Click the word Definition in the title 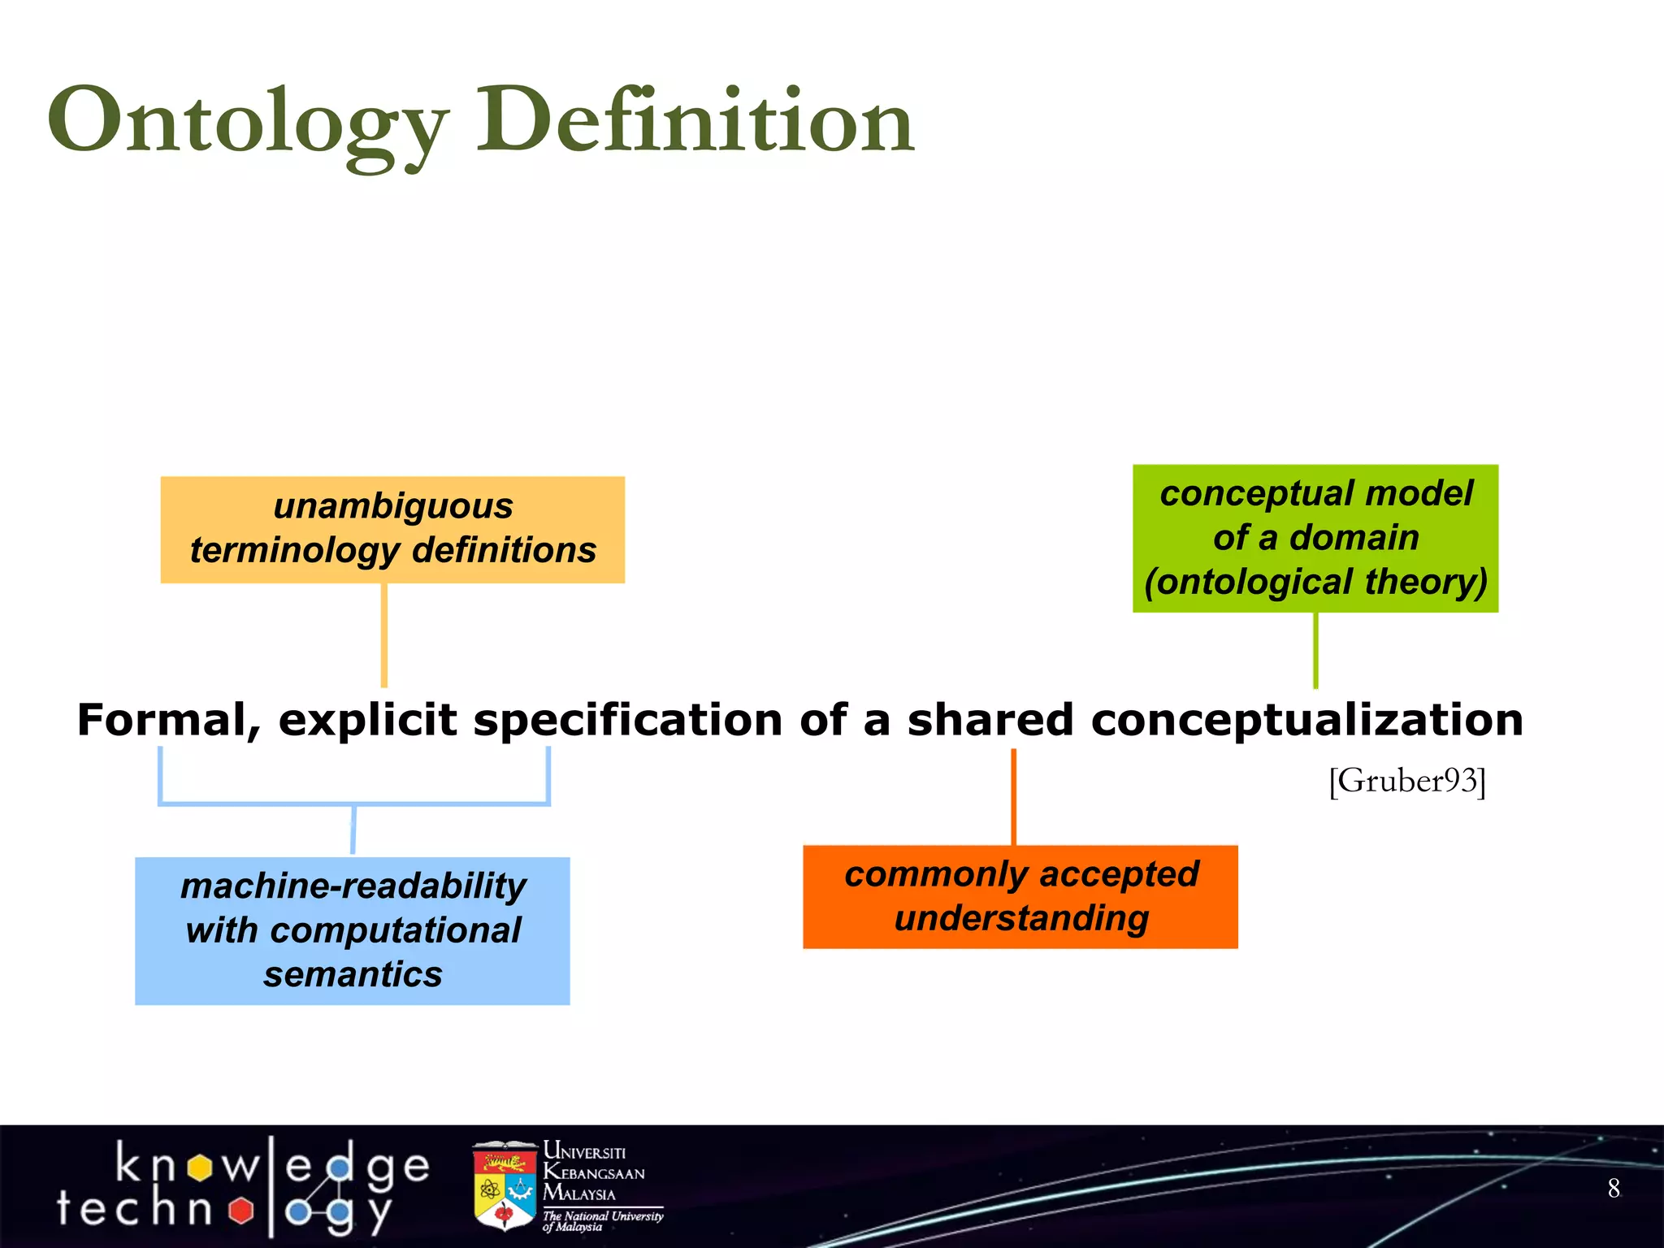click(x=695, y=122)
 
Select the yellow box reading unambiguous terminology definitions click(x=392, y=529)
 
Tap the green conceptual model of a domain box click(x=1315, y=538)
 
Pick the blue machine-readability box click(x=353, y=930)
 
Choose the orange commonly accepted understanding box click(x=1020, y=896)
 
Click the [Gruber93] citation click(x=1407, y=781)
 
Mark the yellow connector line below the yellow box click(x=384, y=635)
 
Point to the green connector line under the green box click(x=1315, y=650)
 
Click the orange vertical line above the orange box click(x=1013, y=796)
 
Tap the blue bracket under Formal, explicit click(x=354, y=804)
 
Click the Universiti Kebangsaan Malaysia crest click(x=505, y=1185)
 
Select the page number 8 click(x=1614, y=1188)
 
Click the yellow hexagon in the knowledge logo click(x=199, y=1168)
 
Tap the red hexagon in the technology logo click(x=240, y=1211)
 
